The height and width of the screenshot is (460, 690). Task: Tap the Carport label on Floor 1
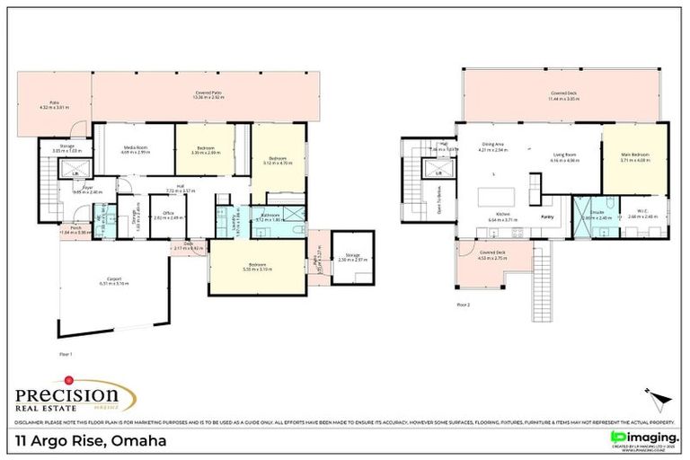pos(115,280)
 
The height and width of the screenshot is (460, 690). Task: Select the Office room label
pos(163,216)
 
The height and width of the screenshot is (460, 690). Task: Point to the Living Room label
pos(565,158)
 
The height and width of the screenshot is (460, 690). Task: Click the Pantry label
pos(547,217)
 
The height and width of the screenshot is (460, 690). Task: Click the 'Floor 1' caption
pos(66,354)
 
